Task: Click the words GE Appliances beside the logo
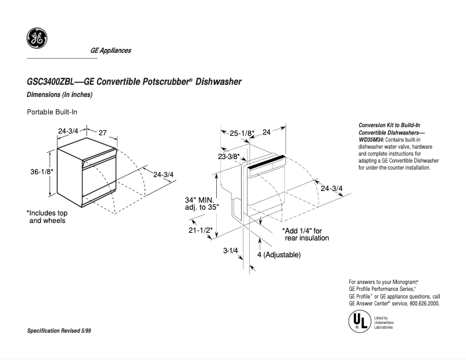pyautogui.click(x=110, y=51)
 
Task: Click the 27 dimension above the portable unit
pyautogui.click(x=102, y=132)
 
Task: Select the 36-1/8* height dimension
pyautogui.click(x=42, y=171)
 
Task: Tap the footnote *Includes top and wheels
pyautogui.click(x=47, y=217)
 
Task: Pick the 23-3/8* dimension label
pyautogui.click(x=229, y=156)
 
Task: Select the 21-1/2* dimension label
pyautogui.click(x=199, y=230)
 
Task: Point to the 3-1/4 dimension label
pyautogui.click(x=231, y=251)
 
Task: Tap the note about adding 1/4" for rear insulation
pyautogui.click(x=306, y=234)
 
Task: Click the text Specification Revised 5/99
pyautogui.click(x=59, y=330)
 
